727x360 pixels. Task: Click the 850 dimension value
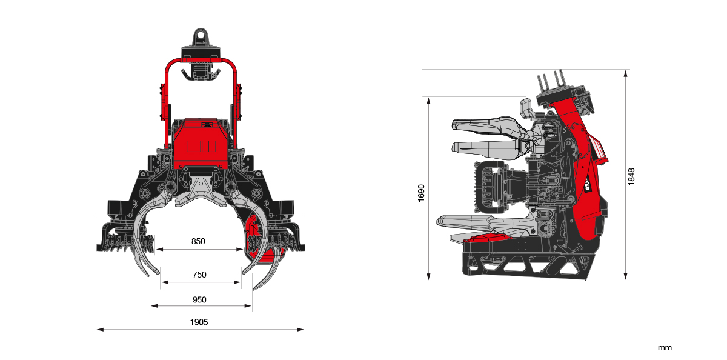[198, 241]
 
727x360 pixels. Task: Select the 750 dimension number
[199, 275]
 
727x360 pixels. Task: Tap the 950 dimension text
[199, 299]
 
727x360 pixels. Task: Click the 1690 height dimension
[422, 193]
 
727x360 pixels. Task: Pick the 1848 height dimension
[631, 177]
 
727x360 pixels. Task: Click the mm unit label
[665, 348]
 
